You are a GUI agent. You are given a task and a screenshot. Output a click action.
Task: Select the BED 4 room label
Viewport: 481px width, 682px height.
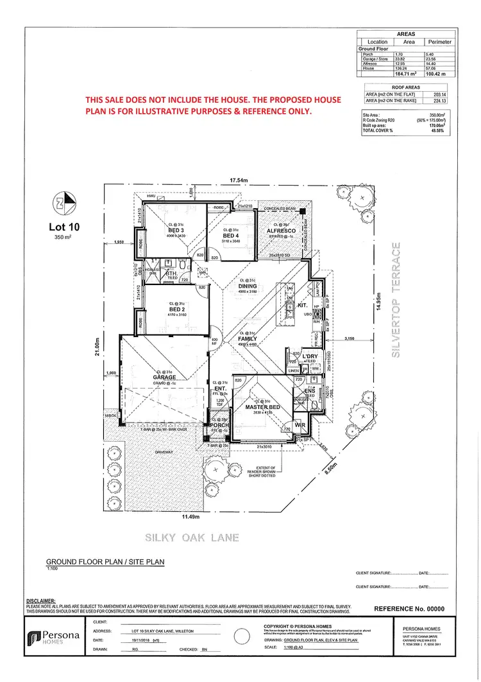pos(230,236)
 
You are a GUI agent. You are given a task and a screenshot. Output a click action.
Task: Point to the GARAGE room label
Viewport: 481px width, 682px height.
pos(165,378)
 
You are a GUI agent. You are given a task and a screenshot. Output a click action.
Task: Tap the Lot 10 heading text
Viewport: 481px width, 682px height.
pos(65,227)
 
